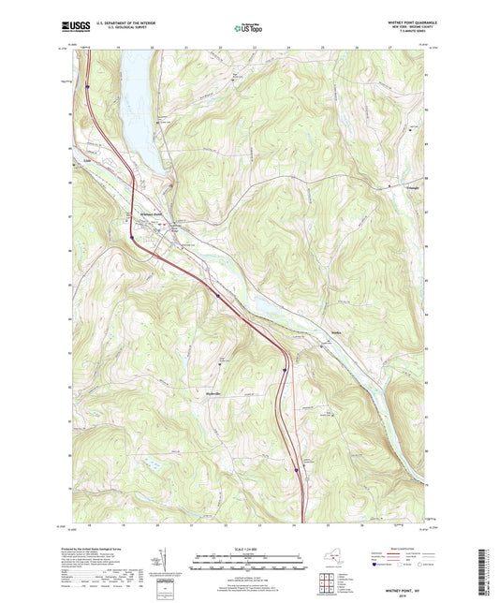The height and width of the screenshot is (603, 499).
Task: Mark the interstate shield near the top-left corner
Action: pyautogui.click(x=85, y=86)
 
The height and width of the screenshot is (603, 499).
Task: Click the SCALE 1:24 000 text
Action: pyautogui.click(x=248, y=549)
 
